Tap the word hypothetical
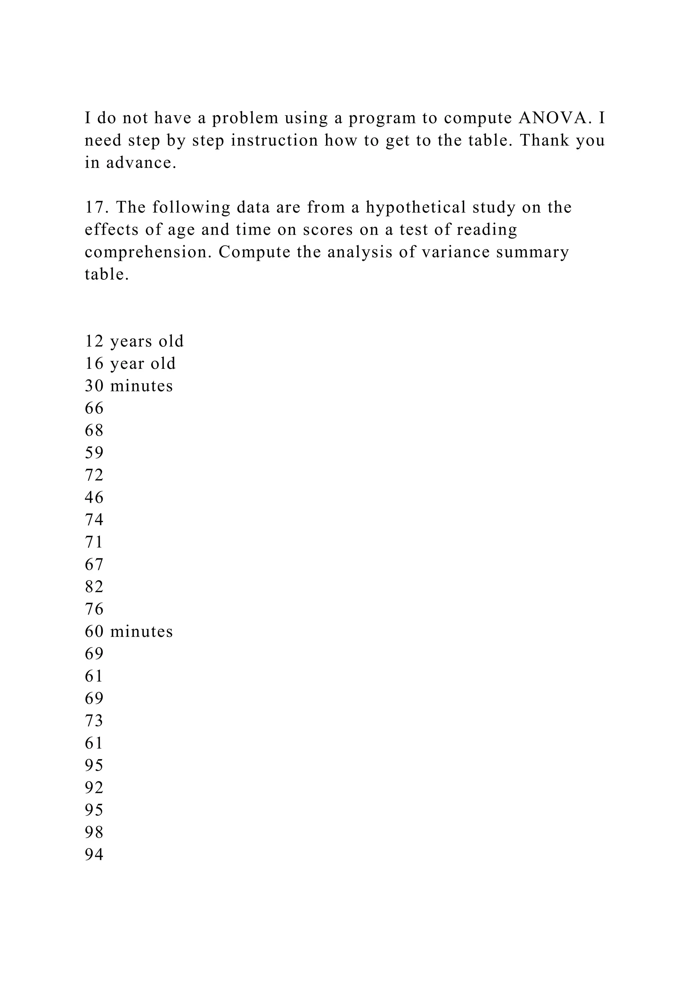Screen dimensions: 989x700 tap(416, 207)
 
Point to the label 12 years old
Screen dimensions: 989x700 tap(134, 341)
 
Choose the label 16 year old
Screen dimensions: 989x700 tap(130, 364)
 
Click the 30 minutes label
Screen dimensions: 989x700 tap(129, 386)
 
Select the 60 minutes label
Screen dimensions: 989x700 tap(129, 631)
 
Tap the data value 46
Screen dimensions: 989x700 tap(94, 498)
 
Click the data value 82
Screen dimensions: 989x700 tap(94, 587)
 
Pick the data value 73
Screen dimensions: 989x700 tap(94, 721)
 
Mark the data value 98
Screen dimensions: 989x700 tap(94, 832)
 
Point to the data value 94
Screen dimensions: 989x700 tap(94, 854)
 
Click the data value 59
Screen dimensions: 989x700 tap(94, 453)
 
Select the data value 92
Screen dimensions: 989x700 tap(94, 788)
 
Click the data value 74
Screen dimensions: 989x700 tap(94, 520)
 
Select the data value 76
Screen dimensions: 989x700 tap(94, 609)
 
